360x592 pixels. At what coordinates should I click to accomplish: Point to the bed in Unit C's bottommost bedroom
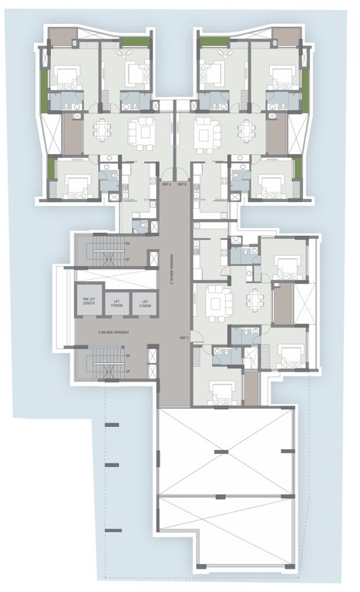222,394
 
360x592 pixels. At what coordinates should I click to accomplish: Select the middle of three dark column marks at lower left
111,465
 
